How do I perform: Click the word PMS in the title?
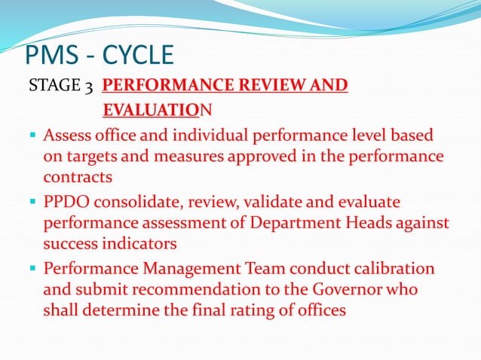tap(52, 55)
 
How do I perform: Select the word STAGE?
tap(51, 87)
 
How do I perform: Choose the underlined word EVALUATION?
tap(158, 111)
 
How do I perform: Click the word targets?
tap(94, 159)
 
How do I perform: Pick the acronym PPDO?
tap(69, 203)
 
